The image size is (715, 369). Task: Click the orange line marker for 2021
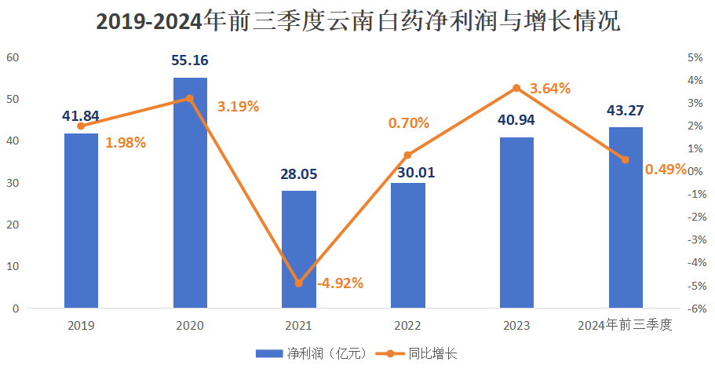299,283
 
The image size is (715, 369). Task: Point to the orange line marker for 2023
516,88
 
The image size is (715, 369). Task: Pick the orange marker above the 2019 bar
81,126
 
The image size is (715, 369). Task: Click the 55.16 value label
190,60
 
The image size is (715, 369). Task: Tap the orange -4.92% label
340,283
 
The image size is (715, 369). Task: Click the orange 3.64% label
550,89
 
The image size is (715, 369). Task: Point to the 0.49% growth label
666,169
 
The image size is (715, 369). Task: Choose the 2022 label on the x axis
407,326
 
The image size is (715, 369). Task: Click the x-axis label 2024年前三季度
625,326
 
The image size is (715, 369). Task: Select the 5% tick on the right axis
695,57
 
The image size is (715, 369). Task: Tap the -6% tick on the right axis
693,309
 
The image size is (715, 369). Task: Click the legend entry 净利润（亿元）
312,353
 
